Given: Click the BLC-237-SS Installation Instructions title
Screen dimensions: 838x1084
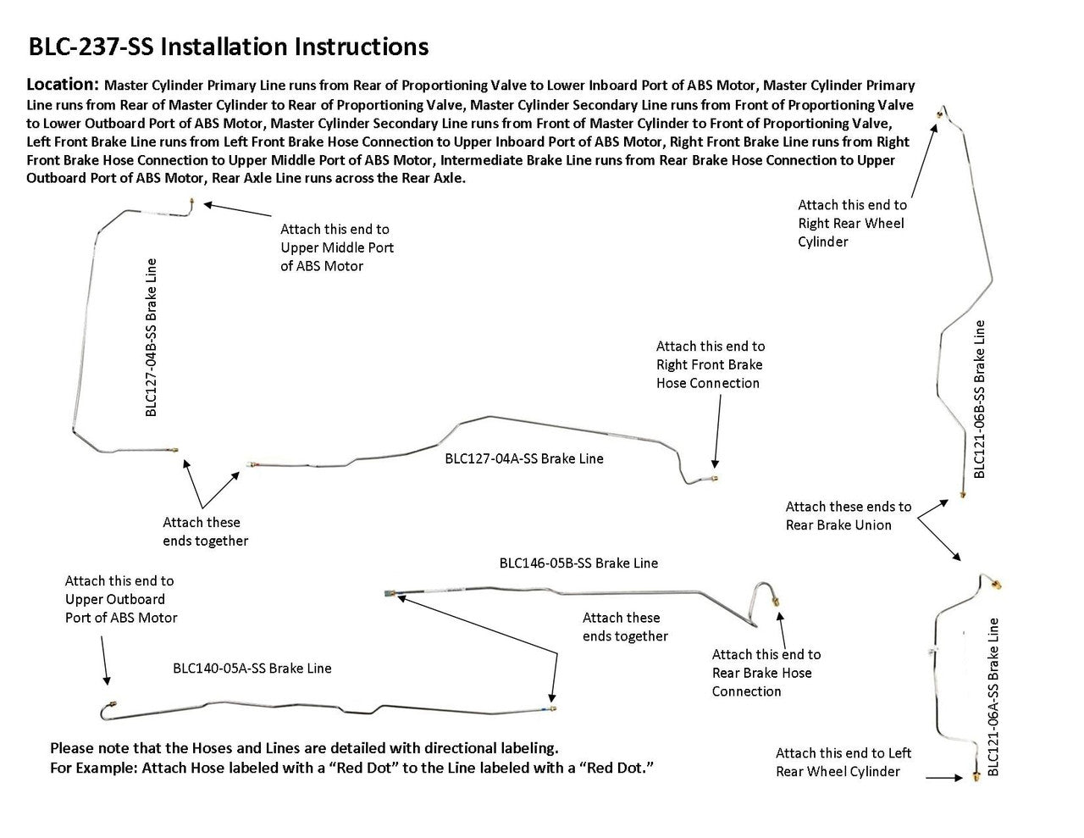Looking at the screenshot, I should click(x=229, y=46).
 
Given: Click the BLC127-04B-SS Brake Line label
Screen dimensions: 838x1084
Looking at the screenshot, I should click(x=151, y=337).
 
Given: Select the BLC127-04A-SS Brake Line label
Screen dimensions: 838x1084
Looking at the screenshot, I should click(x=524, y=458).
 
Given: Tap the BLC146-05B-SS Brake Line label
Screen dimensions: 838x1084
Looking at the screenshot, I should click(x=578, y=563).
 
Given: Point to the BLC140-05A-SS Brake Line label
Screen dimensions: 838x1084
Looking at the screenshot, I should click(x=252, y=668).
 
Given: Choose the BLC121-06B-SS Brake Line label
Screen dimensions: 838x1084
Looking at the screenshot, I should click(x=980, y=398).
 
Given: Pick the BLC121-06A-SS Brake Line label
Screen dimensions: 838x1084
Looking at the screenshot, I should click(x=993, y=696).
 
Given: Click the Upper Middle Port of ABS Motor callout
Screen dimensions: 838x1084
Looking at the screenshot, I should click(x=337, y=247).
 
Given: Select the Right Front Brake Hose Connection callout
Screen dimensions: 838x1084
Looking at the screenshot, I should click(x=710, y=364).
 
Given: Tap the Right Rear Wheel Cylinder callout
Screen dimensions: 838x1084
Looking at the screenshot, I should click(x=851, y=223).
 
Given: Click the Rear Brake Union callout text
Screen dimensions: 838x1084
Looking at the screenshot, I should click(x=848, y=516).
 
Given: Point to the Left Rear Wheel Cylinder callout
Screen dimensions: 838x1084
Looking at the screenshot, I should click(x=843, y=762).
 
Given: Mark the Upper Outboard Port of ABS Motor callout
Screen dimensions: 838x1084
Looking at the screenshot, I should click(x=121, y=599).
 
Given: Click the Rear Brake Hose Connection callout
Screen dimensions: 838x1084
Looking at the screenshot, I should click(x=766, y=673).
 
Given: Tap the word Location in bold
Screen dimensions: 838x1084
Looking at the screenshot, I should click(x=64, y=85).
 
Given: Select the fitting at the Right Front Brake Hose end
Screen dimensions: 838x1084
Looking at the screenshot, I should click(x=716, y=478).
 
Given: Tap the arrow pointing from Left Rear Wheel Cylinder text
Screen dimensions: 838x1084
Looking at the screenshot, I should click(x=945, y=777).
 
